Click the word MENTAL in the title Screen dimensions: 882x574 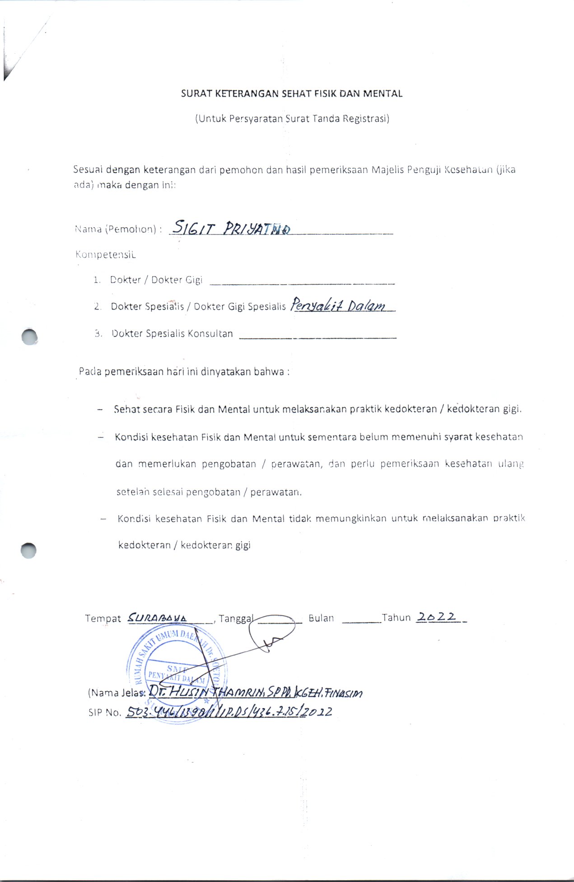tap(383, 94)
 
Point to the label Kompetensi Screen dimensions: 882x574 tap(105, 254)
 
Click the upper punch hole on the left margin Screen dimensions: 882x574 tap(29, 337)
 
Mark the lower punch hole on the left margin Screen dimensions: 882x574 tap(28, 550)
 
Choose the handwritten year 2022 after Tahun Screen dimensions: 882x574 tap(436, 617)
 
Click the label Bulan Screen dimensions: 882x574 tap(321, 618)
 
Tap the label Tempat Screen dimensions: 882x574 tap(103, 619)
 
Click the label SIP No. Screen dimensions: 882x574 tap(105, 713)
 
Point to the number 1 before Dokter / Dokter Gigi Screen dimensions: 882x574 tap(96, 280)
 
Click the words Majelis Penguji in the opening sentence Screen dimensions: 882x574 tap(405, 170)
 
